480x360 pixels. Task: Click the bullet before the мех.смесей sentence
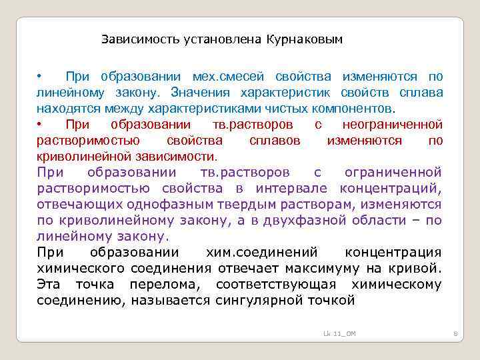click(39, 76)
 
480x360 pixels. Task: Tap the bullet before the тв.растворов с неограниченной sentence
click(39, 125)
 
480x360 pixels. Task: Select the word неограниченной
click(392, 125)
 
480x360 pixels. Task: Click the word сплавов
click(274, 141)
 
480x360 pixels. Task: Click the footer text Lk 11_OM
click(339, 333)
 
